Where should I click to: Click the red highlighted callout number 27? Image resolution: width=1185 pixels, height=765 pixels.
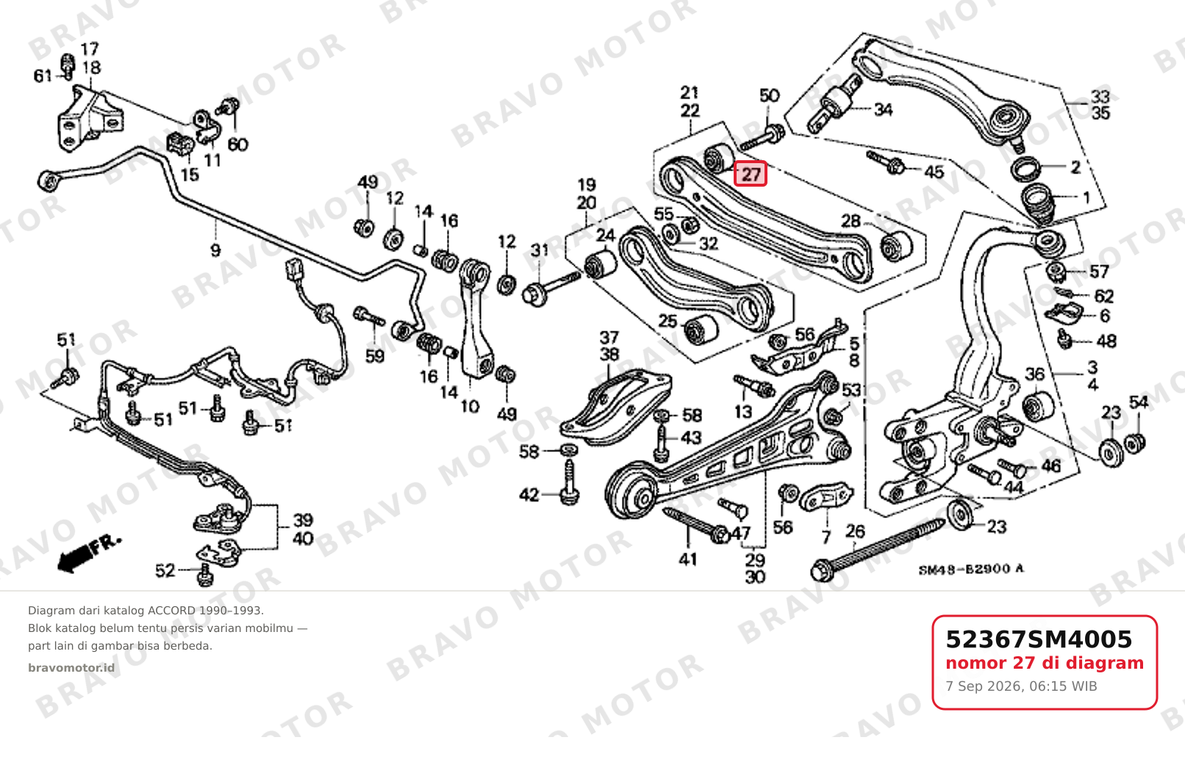point(750,174)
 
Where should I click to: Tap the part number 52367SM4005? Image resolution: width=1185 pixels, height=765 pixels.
point(1039,639)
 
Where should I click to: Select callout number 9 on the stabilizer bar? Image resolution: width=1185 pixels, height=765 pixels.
point(215,250)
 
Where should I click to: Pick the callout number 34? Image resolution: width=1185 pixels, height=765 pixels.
point(883,109)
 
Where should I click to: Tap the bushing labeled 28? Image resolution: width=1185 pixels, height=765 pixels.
point(896,246)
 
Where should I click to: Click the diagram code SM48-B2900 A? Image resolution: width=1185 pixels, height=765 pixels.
point(971,569)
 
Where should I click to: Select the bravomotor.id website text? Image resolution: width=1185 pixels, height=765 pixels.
point(71,668)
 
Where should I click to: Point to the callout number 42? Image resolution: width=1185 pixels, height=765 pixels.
point(529,495)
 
